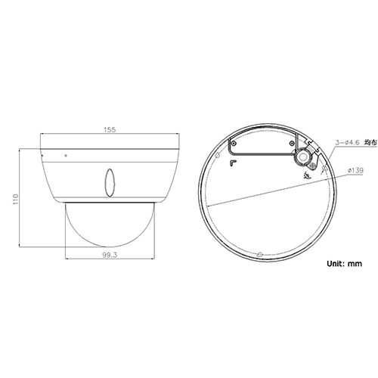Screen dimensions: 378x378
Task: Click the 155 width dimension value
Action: [x=109, y=130]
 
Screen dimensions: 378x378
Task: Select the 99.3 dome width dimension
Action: [x=109, y=256]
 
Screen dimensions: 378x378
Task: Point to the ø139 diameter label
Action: [x=355, y=171]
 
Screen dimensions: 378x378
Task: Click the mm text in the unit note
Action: [x=358, y=265]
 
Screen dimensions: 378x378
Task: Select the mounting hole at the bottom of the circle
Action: [x=259, y=253]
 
